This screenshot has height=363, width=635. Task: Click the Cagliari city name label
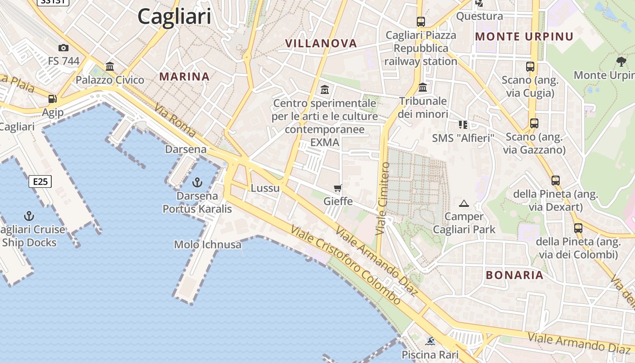[174, 17]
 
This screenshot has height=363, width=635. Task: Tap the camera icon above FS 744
[63, 48]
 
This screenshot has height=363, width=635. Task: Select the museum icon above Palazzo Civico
[110, 67]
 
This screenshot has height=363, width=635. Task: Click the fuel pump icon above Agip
[53, 98]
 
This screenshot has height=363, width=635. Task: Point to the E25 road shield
[40, 181]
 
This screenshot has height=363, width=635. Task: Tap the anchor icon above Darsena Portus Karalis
[197, 182]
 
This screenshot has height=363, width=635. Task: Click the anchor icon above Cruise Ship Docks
[29, 216]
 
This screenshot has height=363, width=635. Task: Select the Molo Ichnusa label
[208, 245]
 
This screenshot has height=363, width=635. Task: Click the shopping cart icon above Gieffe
[337, 188]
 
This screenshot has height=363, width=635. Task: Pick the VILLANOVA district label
[321, 44]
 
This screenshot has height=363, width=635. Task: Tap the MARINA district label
[184, 77]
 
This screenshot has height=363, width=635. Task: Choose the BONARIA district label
[514, 275]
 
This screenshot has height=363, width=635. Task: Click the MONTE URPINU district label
[524, 36]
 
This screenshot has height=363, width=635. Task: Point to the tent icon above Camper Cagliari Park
[464, 203]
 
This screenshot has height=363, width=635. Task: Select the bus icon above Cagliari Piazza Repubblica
[420, 21]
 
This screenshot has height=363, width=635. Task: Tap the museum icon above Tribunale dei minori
[423, 87]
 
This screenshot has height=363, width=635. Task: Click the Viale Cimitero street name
[383, 199]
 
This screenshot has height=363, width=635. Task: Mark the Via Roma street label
[175, 121]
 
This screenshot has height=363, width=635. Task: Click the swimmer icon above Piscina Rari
[430, 341]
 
